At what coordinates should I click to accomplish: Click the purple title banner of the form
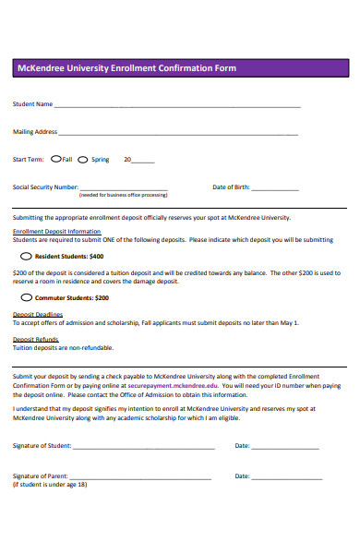click(179, 68)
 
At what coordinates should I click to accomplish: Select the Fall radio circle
click(55, 159)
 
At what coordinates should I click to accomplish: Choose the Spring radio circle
click(83, 159)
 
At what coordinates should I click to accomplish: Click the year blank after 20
click(144, 162)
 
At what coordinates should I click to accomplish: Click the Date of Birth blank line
click(275, 189)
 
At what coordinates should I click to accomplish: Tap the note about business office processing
click(123, 196)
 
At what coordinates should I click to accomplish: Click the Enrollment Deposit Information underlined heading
click(56, 231)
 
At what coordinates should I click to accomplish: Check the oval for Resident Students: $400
click(26, 256)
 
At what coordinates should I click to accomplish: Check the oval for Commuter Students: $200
click(26, 298)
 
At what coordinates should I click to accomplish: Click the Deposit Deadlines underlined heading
click(37, 315)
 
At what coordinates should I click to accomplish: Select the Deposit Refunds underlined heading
click(35, 340)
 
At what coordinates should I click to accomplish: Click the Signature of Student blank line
click(143, 448)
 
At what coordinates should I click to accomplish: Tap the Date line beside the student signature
click(286, 448)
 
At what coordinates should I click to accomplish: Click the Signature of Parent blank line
click(142, 478)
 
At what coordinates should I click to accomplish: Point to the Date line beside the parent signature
click(286, 478)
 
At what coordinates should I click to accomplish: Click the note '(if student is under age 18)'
click(49, 485)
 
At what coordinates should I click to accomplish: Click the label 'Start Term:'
click(28, 160)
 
